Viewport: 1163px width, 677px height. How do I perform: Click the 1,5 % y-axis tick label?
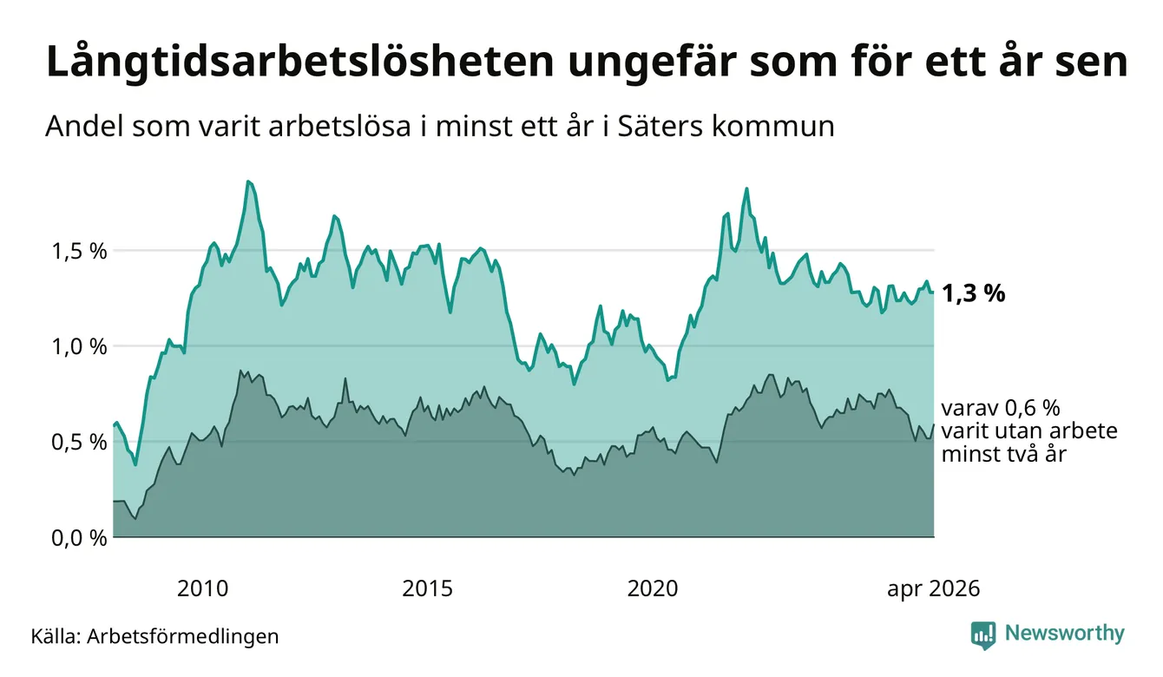click(x=79, y=252)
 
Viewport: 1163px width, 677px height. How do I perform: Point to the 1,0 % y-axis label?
click(x=79, y=347)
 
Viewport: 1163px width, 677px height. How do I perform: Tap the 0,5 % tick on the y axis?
click(x=79, y=443)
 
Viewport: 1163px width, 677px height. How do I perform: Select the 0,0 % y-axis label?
click(x=79, y=538)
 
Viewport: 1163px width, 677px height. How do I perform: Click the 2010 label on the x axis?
click(x=202, y=588)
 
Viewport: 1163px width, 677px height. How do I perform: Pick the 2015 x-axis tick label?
click(x=427, y=588)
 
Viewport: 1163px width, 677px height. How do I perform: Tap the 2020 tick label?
click(x=653, y=588)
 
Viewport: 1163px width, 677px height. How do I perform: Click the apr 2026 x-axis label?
click(x=934, y=589)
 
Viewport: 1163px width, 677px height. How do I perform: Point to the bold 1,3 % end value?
click(x=974, y=294)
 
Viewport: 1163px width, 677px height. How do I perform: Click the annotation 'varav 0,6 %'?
click(x=1001, y=409)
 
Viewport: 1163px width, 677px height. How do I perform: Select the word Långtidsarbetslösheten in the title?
click(x=300, y=62)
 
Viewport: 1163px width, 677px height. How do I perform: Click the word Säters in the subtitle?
click(x=660, y=126)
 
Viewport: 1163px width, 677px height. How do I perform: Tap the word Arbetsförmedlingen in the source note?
click(x=183, y=636)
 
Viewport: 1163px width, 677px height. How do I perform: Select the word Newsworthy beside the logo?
click(x=1065, y=634)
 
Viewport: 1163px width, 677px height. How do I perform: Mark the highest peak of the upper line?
click(x=248, y=181)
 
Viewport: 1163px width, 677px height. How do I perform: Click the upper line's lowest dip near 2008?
click(x=135, y=464)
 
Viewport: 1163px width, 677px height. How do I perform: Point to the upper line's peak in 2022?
click(x=746, y=188)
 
